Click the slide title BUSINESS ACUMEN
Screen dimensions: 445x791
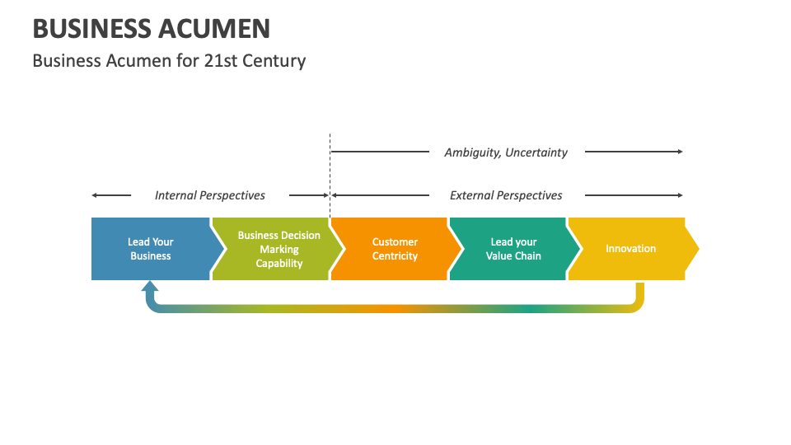(x=151, y=29)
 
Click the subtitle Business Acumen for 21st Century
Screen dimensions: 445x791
(x=169, y=61)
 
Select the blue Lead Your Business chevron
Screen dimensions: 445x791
(x=151, y=249)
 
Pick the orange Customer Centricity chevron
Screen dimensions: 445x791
(x=395, y=249)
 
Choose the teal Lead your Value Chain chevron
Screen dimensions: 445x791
(x=513, y=249)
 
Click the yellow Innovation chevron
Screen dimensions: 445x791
(x=630, y=249)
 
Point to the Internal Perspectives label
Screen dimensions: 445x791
(x=210, y=195)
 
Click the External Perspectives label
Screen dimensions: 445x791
(x=506, y=195)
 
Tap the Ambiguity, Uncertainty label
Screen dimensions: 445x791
(x=506, y=152)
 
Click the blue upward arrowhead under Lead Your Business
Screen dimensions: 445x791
(x=149, y=288)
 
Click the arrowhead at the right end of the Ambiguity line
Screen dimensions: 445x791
(x=680, y=152)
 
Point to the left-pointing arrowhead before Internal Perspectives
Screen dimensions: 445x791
(x=95, y=195)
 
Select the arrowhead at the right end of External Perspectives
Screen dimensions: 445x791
(x=680, y=195)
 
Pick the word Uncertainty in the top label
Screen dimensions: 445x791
(x=536, y=152)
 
